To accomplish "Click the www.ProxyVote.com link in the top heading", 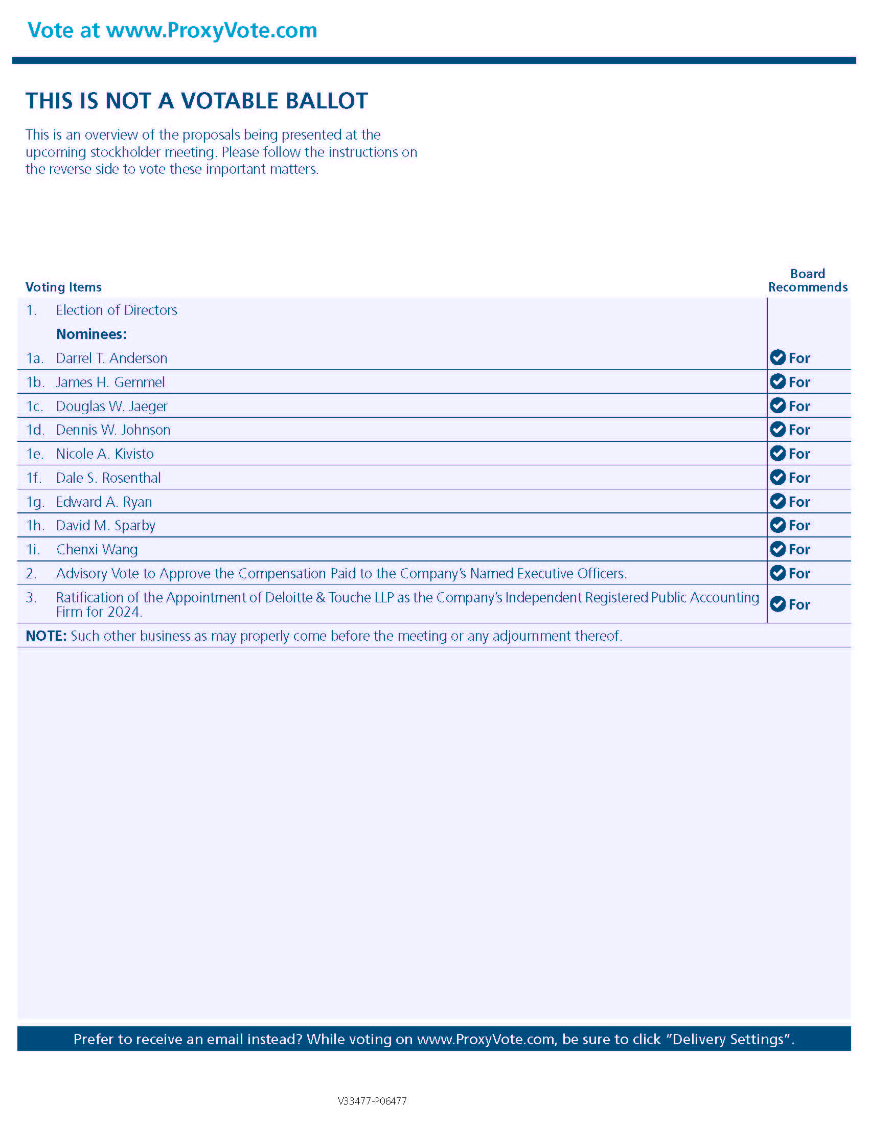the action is [x=212, y=30].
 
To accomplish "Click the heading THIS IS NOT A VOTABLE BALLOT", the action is [x=197, y=101].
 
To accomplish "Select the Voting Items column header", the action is [x=63, y=287].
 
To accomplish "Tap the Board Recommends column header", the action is [x=807, y=280].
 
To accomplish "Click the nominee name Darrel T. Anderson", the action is [x=112, y=358].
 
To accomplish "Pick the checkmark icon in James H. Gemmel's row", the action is [x=777, y=381].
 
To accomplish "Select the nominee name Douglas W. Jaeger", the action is [x=112, y=406].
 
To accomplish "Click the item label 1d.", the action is [x=35, y=430].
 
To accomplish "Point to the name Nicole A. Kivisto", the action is [x=105, y=454].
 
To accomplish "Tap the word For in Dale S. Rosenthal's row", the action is [x=799, y=478].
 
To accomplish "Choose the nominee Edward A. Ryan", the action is [x=104, y=502].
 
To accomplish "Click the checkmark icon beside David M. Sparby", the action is [x=777, y=525].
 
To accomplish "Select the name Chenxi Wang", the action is [x=97, y=550].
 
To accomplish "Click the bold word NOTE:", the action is [x=46, y=636].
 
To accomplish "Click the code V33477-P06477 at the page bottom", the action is [x=372, y=1101].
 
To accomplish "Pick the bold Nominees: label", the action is [x=91, y=334].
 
